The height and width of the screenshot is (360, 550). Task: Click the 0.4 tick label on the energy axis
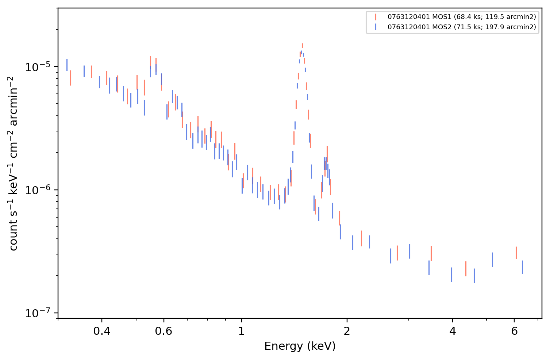coord(102,331)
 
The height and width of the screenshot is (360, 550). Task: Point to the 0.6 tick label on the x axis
coord(164,331)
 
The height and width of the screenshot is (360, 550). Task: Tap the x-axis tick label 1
coord(242,331)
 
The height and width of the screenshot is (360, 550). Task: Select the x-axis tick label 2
coord(347,331)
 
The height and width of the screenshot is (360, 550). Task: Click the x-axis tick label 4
coord(452,331)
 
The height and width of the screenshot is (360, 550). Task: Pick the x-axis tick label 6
coord(514,331)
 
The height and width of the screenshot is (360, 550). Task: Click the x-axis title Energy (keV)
coord(300,346)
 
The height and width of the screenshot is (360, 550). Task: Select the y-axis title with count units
coord(13,164)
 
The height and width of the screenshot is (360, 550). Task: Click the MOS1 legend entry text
coord(462,17)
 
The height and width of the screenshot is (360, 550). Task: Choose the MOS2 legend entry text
coord(462,27)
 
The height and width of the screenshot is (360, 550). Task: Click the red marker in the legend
coord(376,17)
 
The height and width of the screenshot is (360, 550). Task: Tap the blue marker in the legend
coord(376,27)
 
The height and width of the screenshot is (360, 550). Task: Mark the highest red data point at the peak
coord(302,45)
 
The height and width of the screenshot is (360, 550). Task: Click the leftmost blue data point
coord(67,65)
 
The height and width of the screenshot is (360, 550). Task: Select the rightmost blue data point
coord(522,267)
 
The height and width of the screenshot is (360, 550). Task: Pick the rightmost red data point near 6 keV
coord(516,253)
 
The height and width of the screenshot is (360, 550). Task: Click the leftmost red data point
coord(70,78)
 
